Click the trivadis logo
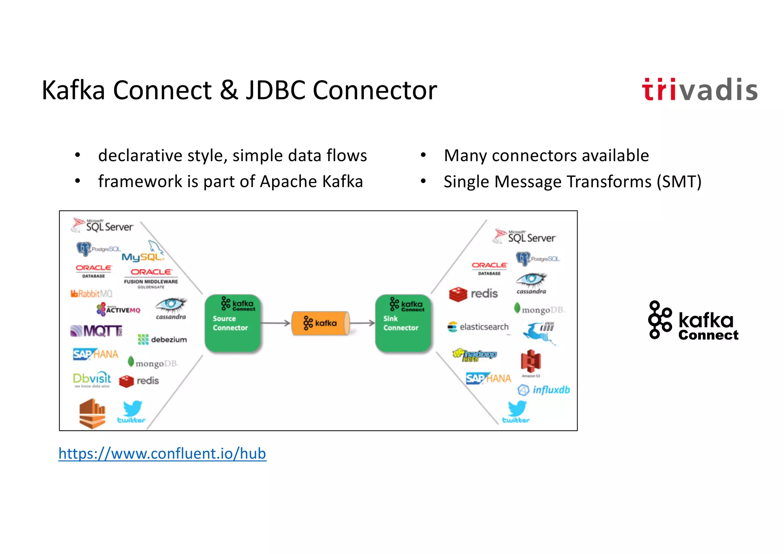point(699,90)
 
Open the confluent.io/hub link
point(162,454)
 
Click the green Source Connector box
point(232,323)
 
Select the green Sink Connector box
point(403,323)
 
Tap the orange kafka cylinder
point(321,323)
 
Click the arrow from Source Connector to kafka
point(276,323)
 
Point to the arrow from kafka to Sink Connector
point(362,323)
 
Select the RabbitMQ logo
point(91,294)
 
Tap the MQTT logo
point(96,330)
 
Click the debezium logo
point(162,339)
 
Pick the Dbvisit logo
point(92,379)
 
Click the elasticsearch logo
point(479,327)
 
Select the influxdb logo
point(544,390)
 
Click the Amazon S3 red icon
point(531,361)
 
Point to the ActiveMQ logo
point(119,309)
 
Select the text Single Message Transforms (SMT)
point(572,181)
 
